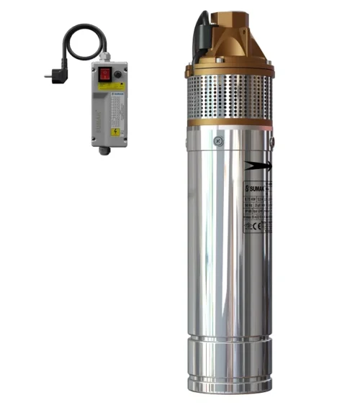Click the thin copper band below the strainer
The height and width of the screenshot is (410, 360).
coord(230,123)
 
